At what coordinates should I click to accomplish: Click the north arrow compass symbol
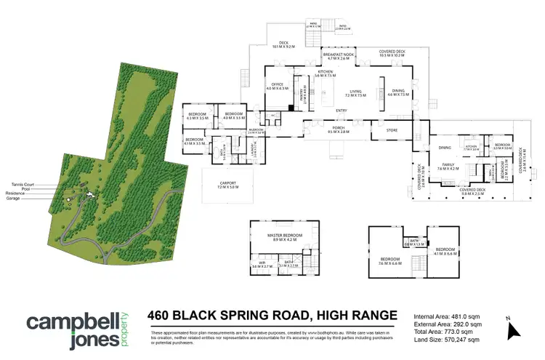(514, 329)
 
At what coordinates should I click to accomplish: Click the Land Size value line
(445, 339)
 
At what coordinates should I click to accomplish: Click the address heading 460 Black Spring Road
(272, 316)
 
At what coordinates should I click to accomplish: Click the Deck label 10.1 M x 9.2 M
(285, 44)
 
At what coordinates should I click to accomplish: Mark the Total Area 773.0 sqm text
(444, 332)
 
